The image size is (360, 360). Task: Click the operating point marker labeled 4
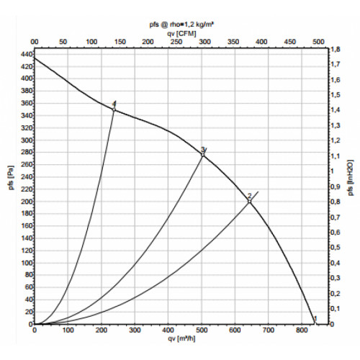[114, 109]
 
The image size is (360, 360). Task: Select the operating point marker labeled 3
[203, 155]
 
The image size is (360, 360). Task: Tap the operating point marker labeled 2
[250, 202]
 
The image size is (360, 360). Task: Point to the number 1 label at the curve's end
[315, 319]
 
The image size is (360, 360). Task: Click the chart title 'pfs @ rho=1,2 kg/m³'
[181, 24]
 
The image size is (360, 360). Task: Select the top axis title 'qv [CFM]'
[181, 33]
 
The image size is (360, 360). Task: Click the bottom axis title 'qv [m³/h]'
[181, 338]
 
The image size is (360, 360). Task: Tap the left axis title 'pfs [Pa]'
[12, 178]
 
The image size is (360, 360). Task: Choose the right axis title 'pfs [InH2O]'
[351, 177]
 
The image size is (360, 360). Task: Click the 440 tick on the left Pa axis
[27, 55]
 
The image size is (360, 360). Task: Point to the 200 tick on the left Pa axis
[27, 202]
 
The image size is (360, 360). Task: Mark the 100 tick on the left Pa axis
[27, 263]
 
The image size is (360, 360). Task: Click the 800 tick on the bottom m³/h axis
[301, 330]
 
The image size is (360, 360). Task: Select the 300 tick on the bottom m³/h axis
[135, 330]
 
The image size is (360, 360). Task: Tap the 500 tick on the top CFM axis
[318, 42]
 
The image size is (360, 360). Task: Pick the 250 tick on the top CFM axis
[176, 42]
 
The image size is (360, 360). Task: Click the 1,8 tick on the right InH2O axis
[335, 50]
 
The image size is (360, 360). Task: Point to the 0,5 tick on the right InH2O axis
[335, 248]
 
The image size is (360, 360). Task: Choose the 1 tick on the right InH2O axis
[333, 171]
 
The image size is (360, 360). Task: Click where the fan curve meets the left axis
[35, 58]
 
